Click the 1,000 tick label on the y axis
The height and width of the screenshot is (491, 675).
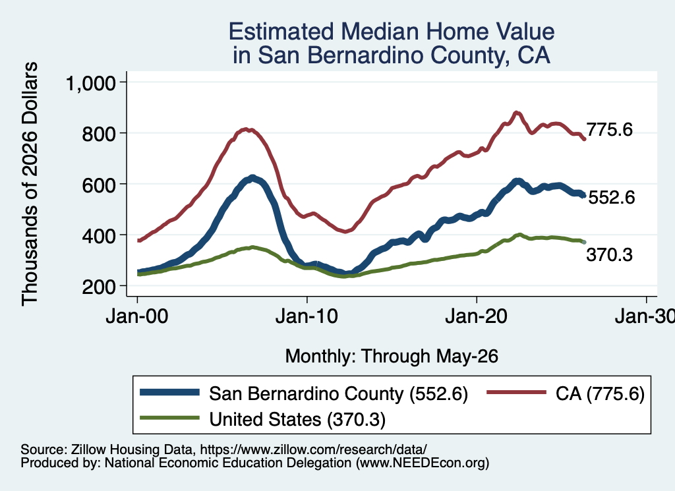coord(91,83)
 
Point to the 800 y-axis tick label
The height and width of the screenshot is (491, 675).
coord(99,134)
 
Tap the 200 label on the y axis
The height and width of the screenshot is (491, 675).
coord(99,287)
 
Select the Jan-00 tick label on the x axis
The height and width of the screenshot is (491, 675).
coord(137,317)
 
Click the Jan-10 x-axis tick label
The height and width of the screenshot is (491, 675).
coord(307,317)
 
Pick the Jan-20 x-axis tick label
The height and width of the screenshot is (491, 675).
coord(476,317)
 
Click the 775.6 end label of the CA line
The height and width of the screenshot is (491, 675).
coord(610,130)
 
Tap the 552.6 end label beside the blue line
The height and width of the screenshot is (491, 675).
coord(611,198)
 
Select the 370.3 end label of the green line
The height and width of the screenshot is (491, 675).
coord(610,255)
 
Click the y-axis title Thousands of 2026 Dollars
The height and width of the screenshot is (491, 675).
coord(30,184)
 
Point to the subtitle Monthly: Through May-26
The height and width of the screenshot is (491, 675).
coord(392,357)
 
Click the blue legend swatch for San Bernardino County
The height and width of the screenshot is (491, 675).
coord(169,392)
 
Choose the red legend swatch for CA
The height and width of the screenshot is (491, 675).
coord(516,392)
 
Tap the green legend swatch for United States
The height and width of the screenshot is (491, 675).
coord(169,418)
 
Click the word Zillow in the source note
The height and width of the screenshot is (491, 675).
coord(88,449)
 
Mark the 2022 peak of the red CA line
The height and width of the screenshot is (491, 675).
coord(517,113)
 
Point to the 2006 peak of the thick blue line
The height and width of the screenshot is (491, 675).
coord(252,178)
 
